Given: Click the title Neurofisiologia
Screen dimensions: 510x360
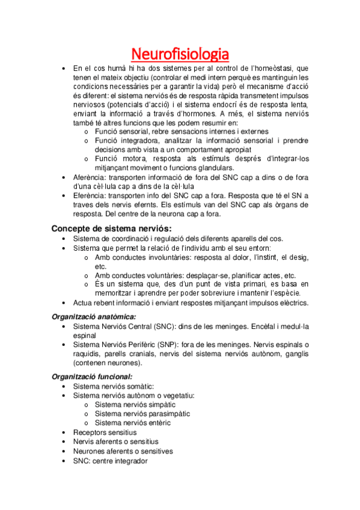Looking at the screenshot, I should pyautogui.click(x=180, y=54).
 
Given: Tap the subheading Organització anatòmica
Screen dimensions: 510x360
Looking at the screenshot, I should pyautogui.click(x=94, y=316).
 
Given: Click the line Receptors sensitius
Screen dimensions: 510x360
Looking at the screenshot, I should pyautogui.click(x=105, y=432).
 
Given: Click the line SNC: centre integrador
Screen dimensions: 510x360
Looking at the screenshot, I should pyautogui.click(x=110, y=461).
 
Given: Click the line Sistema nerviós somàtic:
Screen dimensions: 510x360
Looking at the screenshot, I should pyautogui.click(x=113, y=386).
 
